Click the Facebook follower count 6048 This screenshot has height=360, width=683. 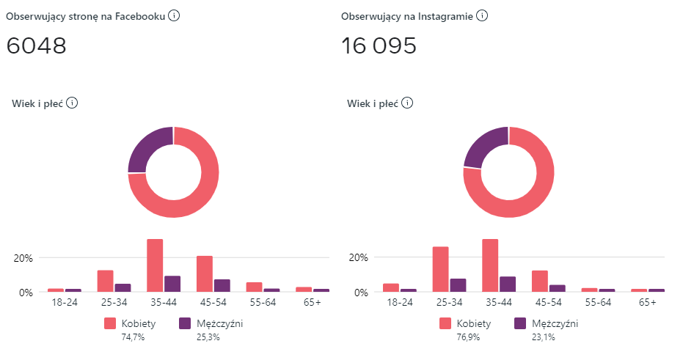(37, 46)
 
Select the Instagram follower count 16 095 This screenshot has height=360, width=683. (379, 46)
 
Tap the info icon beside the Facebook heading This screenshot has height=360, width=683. (174, 15)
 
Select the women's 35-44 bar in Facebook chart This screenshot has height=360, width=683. (155, 265)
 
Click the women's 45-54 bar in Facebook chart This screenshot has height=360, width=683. (205, 273)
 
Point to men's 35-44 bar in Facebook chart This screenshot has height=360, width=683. (172, 284)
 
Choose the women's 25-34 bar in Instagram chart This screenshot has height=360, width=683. (440, 269)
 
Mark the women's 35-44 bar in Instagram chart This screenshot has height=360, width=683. (490, 265)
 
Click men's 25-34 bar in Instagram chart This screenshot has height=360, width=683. (457, 285)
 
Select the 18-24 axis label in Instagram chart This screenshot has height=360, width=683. (400, 301)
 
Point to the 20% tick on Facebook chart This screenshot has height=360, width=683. (23, 258)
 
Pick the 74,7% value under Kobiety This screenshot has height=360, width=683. (132, 337)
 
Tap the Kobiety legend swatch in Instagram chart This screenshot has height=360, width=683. (446, 323)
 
